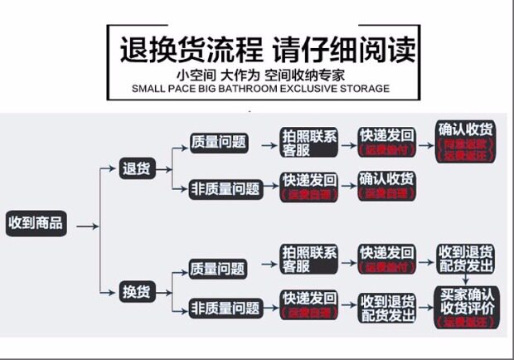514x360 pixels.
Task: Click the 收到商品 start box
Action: [36, 224]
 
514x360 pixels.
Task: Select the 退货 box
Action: [136, 169]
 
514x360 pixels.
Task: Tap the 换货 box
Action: [136, 291]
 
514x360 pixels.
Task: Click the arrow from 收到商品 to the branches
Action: [89, 226]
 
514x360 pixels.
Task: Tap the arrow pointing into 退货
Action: [106, 169]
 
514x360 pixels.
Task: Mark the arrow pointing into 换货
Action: [106, 291]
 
